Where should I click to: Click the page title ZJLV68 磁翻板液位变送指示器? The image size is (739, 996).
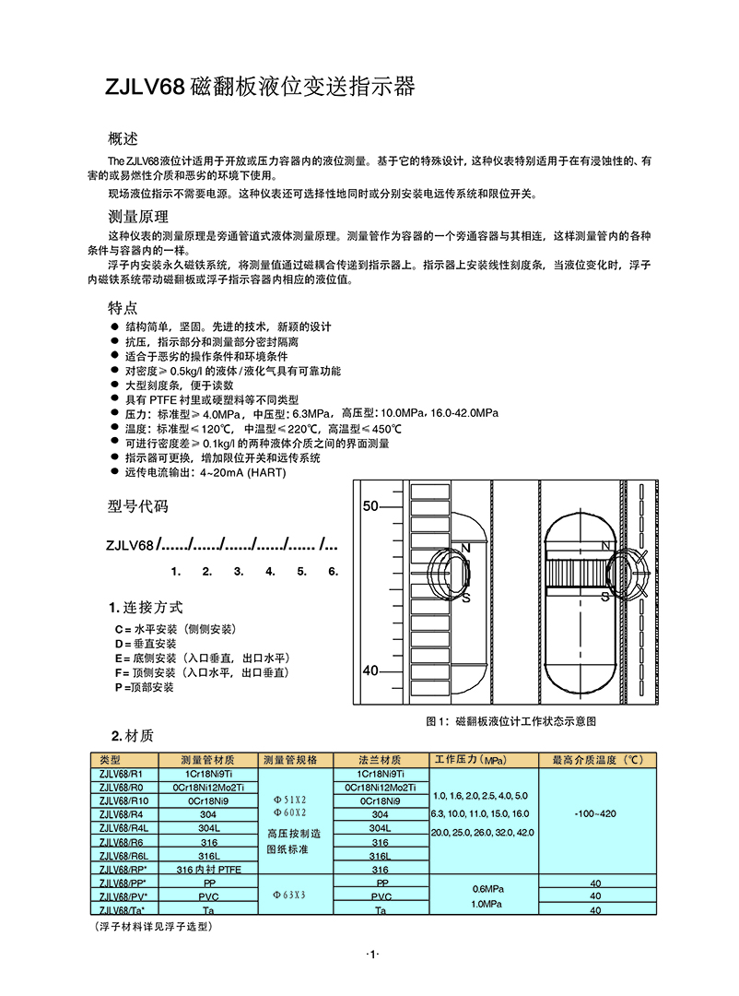coord(262,88)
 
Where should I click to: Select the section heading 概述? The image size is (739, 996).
coord(123,139)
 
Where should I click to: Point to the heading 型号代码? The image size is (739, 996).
coord(138,506)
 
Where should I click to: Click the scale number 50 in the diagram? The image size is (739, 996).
coord(370,506)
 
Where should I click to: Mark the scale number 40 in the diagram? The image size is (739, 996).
coord(370,670)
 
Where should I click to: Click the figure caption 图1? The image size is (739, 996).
coord(511,720)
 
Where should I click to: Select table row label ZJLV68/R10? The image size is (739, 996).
coord(123,800)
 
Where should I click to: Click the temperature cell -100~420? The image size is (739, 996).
coord(594,814)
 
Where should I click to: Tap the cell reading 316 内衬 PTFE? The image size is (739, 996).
coord(208,869)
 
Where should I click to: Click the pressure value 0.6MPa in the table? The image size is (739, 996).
coord(484,888)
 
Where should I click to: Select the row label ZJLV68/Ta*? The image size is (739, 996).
coord(123,909)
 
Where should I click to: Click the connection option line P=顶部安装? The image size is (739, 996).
coord(144,687)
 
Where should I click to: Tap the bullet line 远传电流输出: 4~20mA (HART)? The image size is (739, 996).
coord(205,473)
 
